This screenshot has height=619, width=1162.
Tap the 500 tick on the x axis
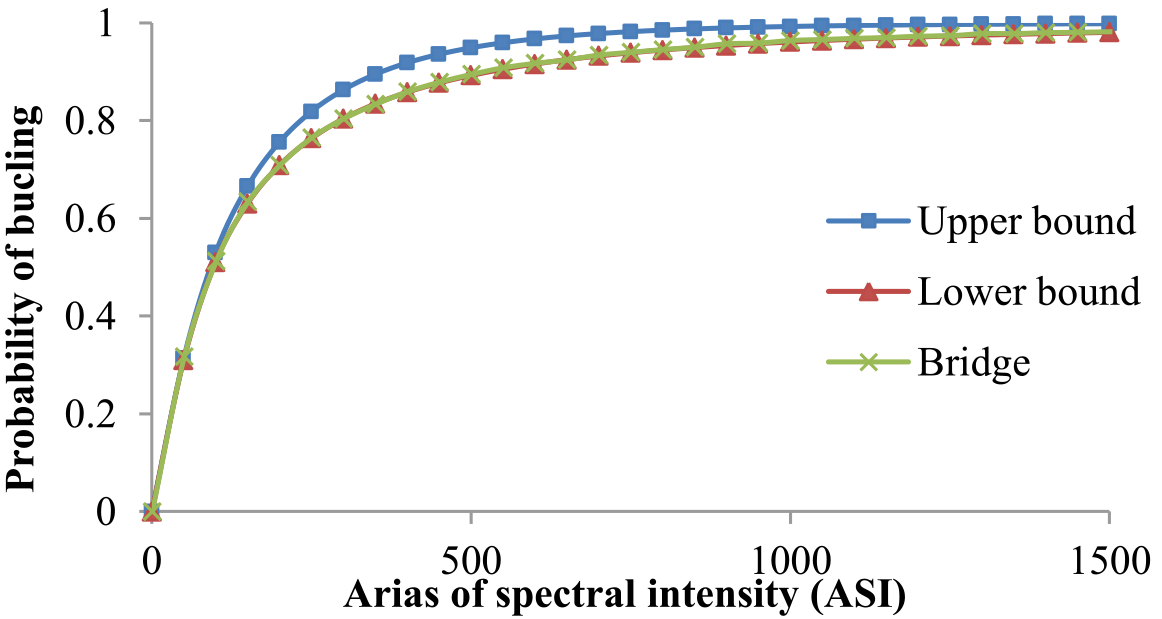coord(470,556)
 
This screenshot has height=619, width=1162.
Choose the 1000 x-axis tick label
coord(790,556)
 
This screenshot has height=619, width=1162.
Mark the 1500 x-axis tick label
coord(1109,556)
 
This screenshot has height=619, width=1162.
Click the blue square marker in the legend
coord(869,222)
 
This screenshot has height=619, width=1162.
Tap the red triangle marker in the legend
coord(869,292)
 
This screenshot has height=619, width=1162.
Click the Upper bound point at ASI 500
coord(470,47)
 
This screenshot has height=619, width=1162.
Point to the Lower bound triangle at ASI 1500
coord(1109,33)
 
